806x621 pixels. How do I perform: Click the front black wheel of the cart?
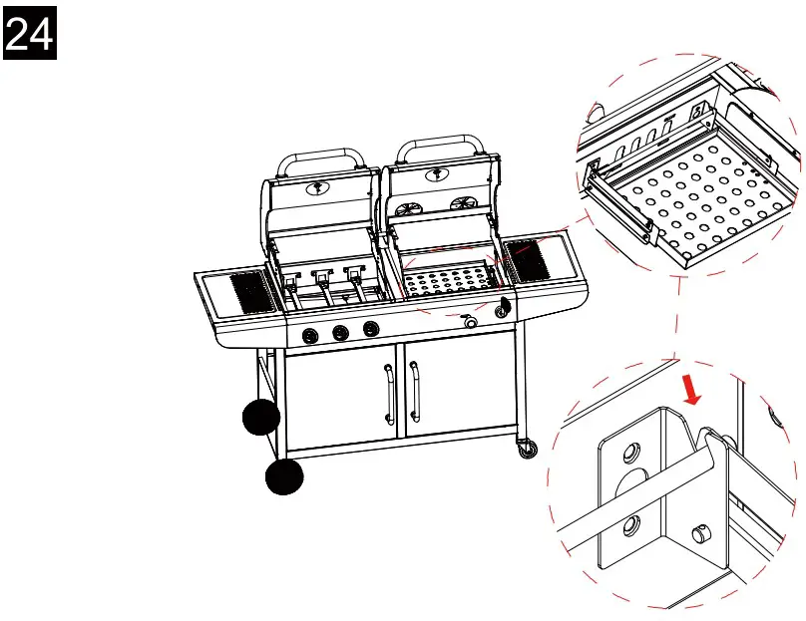click(284, 477)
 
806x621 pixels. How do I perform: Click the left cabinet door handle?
click(388, 394)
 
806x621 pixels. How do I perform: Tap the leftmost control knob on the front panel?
click(310, 335)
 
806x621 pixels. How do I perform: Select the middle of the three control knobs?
click(340, 332)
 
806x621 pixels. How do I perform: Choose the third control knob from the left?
click(370, 329)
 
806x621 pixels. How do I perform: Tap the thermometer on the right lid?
click(437, 175)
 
